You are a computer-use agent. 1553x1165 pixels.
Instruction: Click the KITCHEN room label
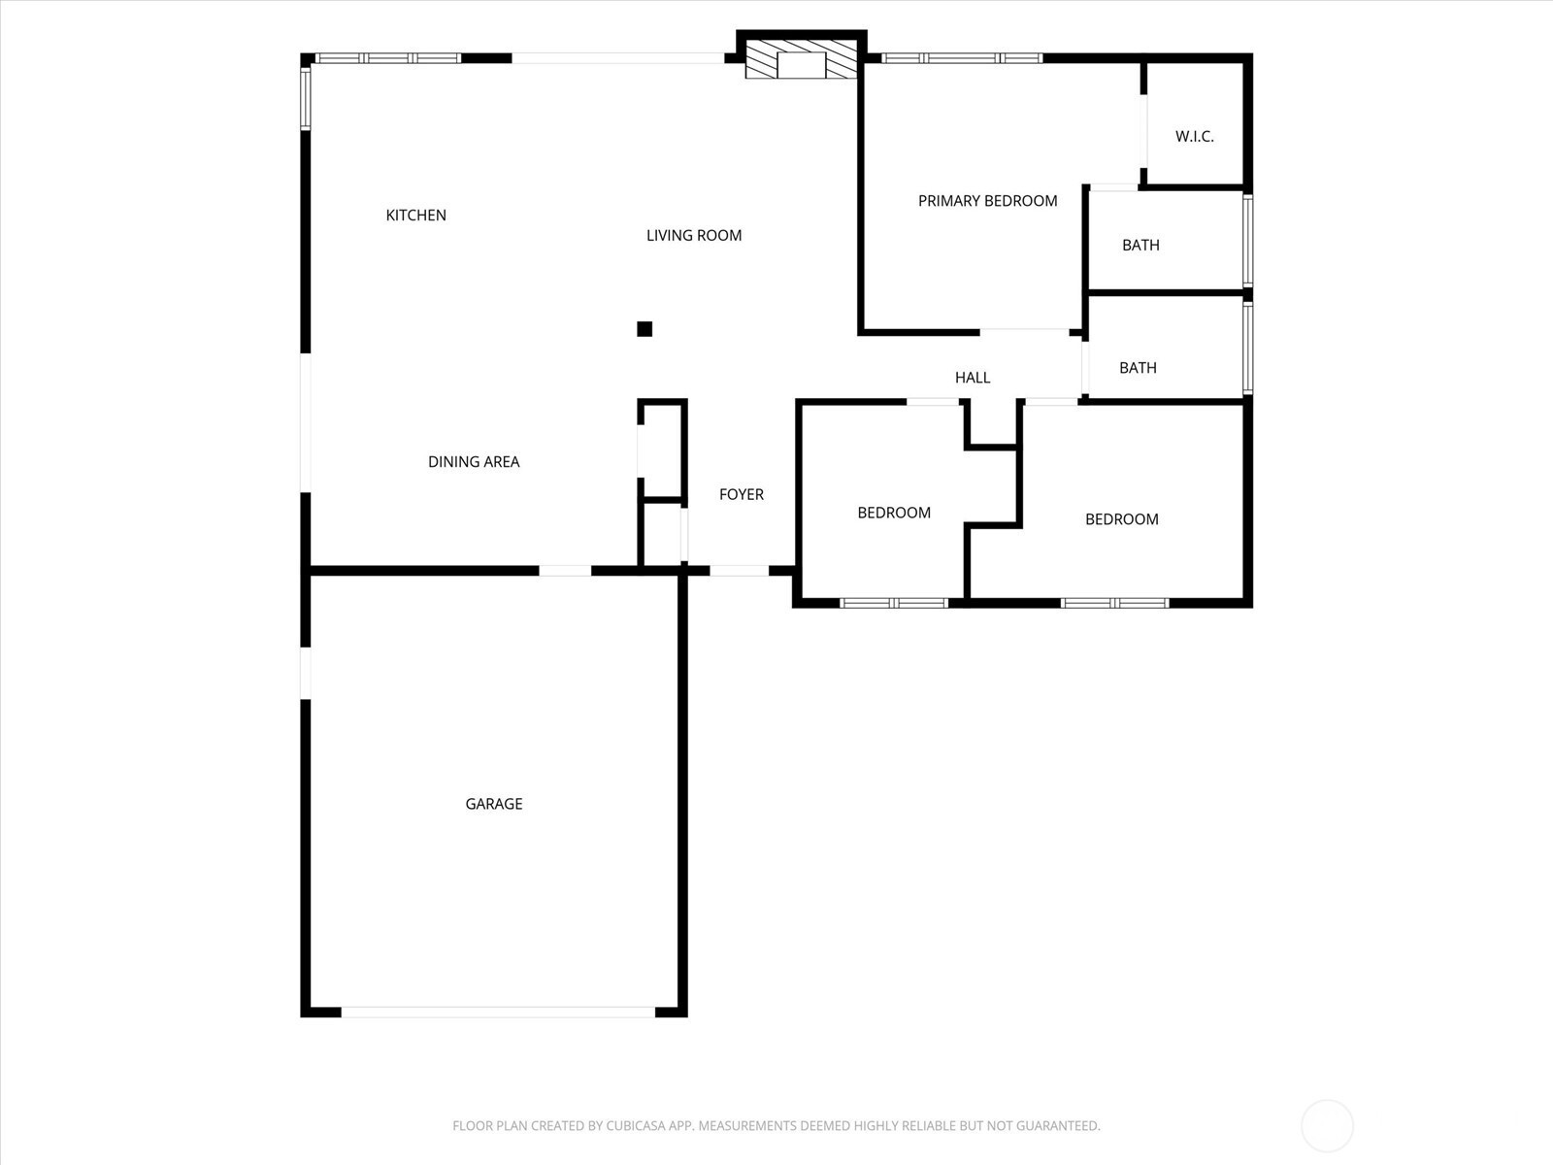(x=416, y=215)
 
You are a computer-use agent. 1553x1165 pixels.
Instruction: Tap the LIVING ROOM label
(x=694, y=236)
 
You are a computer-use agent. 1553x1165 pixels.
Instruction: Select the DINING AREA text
(x=474, y=462)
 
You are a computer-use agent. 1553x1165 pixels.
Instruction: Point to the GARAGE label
(x=494, y=804)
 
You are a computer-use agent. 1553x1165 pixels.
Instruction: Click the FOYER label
(x=742, y=494)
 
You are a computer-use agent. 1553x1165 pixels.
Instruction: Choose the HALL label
(x=973, y=378)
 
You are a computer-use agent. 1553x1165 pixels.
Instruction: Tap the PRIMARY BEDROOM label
(x=988, y=201)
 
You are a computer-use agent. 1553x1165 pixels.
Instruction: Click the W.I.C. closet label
(x=1194, y=137)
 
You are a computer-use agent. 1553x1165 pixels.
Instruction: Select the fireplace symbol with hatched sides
(x=802, y=59)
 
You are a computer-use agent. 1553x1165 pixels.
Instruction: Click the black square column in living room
(x=644, y=329)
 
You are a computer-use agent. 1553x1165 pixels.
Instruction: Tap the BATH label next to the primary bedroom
(x=1140, y=246)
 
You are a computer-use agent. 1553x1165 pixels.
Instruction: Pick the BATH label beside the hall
(x=1138, y=368)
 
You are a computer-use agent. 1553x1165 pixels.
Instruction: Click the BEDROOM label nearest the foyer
(x=894, y=513)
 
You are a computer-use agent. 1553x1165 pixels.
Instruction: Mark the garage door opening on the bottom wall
(x=498, y=1013)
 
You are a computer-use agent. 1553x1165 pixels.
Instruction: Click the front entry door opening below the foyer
(x=740, y=571)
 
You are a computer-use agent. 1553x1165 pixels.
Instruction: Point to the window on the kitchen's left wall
(x=306, y=98)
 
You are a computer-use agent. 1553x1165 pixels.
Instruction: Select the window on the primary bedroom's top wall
(x=962, y=58)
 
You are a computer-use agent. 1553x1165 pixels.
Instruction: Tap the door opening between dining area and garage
(x=565, y=571)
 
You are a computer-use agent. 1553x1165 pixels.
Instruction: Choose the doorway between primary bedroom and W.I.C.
(x=1142, y=132)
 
